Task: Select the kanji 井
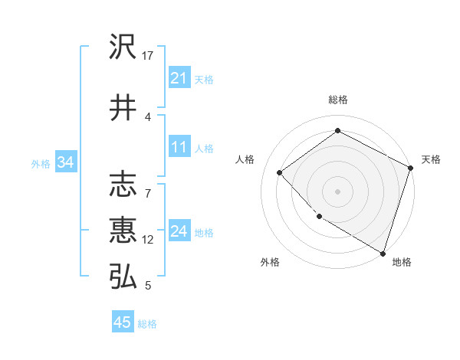click(x=123, y=108)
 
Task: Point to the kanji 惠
click(x=123, y=230)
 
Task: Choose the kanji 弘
click(x=123, y=277)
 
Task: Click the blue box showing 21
click(x=179, y=78)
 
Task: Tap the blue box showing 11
click(x=179, y=147)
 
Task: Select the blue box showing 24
click(x=179, y=231)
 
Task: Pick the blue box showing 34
click(x=65, y=162)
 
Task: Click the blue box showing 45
click(x=123, y=322)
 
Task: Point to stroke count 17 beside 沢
click(x=148, y=56)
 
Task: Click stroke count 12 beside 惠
click(x=148, y=240)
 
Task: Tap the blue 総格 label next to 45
click(x=147, y=324)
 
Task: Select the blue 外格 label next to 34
click(x=41, y=163)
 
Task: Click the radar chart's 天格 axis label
click(x=431, y=159)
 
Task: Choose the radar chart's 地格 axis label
click(x=402, y=262)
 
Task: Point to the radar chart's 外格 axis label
click(x=270, y=262)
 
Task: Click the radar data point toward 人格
click(x=280, y=172)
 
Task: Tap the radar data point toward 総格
click(x=337, y=131)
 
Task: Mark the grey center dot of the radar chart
click(x=337, y=191)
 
